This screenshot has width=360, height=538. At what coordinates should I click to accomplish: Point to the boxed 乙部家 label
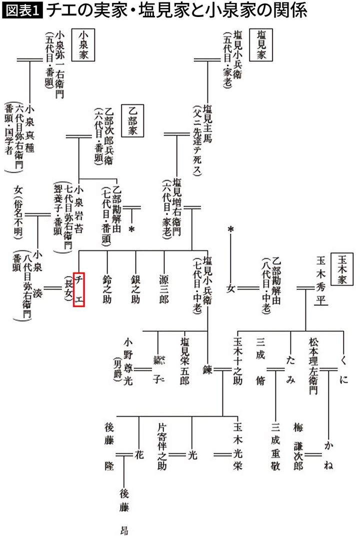click(132, 123)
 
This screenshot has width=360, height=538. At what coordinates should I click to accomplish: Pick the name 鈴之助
click(107, 289)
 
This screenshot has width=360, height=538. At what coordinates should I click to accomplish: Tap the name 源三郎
click(163, 289)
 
